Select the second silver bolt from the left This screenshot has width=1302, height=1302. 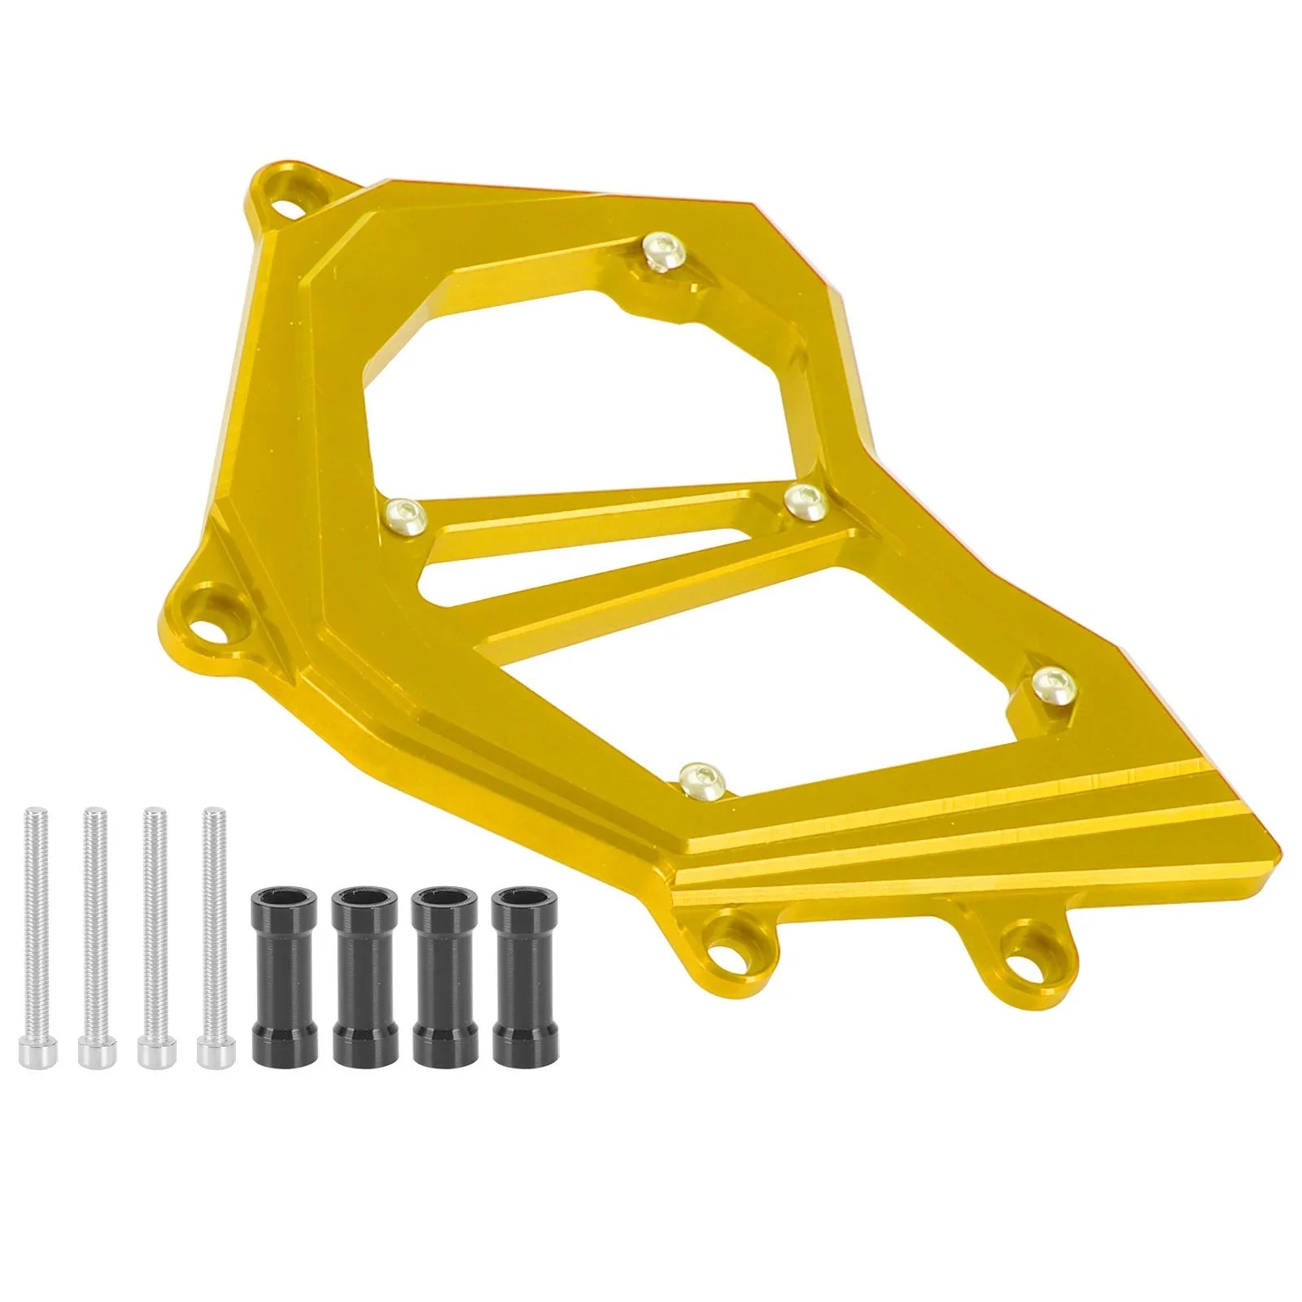click(x=94, y=936)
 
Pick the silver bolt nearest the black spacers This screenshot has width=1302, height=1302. click(x=212, y=936)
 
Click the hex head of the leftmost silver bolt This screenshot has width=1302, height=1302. click(x=33, y=1051)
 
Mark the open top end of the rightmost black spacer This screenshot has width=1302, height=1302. click(x=514, y=894)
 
